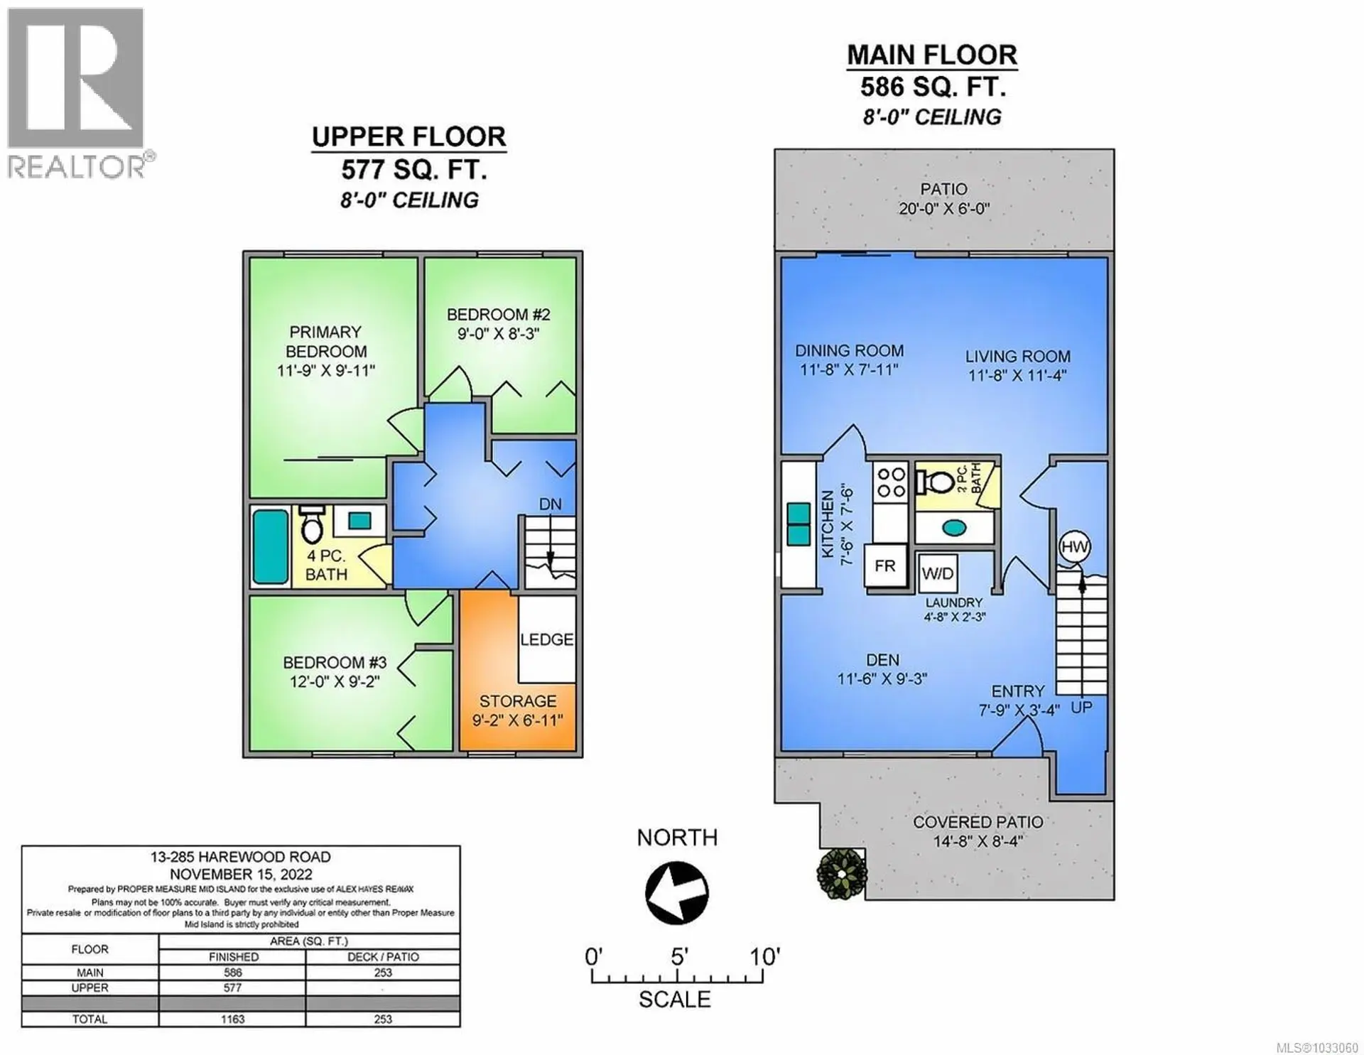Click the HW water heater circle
[x=1074, y=546]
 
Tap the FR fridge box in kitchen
[x=885, y=566]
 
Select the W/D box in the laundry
[x=938, y=573]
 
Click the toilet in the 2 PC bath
[x=936, y=482]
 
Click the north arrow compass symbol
[x=677, y=893]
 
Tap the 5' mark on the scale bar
[x=678, y=958]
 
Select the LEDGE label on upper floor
[x=546, y=639]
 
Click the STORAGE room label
[x=517, y=701]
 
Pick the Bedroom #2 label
[x=498, y=315]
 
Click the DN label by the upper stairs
[x=550, y=504]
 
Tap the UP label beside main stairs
[x=1081, y=708]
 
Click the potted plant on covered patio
[x=842, y=873]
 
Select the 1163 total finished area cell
[x=232, y=1019]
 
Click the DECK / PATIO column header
[x=383, y=957]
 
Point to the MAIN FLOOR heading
[x=931, y=55]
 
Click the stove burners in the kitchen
[x=891, y=482]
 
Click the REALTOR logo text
[x=77, y=167]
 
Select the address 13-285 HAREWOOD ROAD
[x=240, y=857]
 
